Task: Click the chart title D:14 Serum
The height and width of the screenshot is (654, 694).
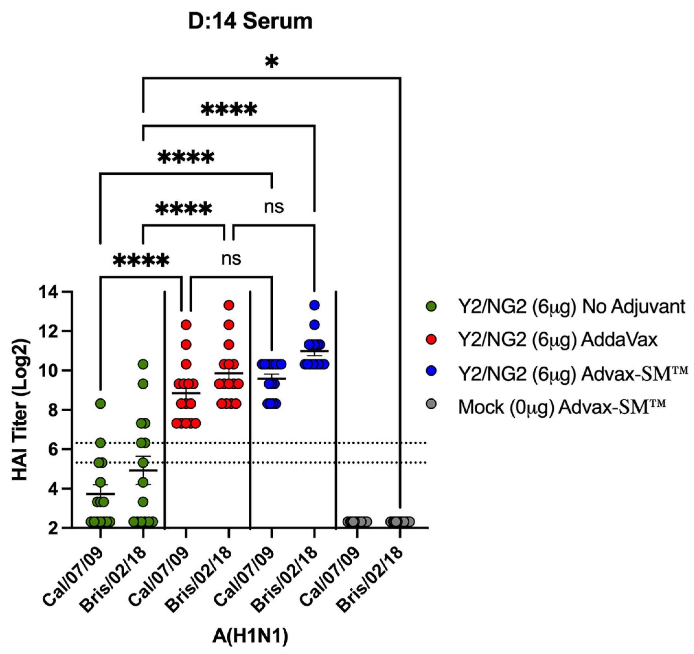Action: coord(250,22)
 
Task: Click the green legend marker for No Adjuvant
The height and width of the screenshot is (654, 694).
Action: coord(431,307)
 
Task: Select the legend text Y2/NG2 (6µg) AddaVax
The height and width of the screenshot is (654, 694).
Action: coord(558,340)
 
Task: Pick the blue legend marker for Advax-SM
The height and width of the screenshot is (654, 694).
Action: coord(431,371)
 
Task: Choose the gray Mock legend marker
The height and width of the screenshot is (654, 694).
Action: coord(431,404)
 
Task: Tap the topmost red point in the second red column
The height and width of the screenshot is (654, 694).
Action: coord(229,305)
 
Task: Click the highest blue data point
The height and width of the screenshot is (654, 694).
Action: coord(314,305)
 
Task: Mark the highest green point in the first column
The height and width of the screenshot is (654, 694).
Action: coord(100,404)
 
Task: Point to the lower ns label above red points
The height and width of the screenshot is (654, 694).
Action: coord(231,259)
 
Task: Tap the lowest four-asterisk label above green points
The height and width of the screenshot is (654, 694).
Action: coord(141,260)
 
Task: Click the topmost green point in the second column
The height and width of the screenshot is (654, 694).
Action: coord(143,364)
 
